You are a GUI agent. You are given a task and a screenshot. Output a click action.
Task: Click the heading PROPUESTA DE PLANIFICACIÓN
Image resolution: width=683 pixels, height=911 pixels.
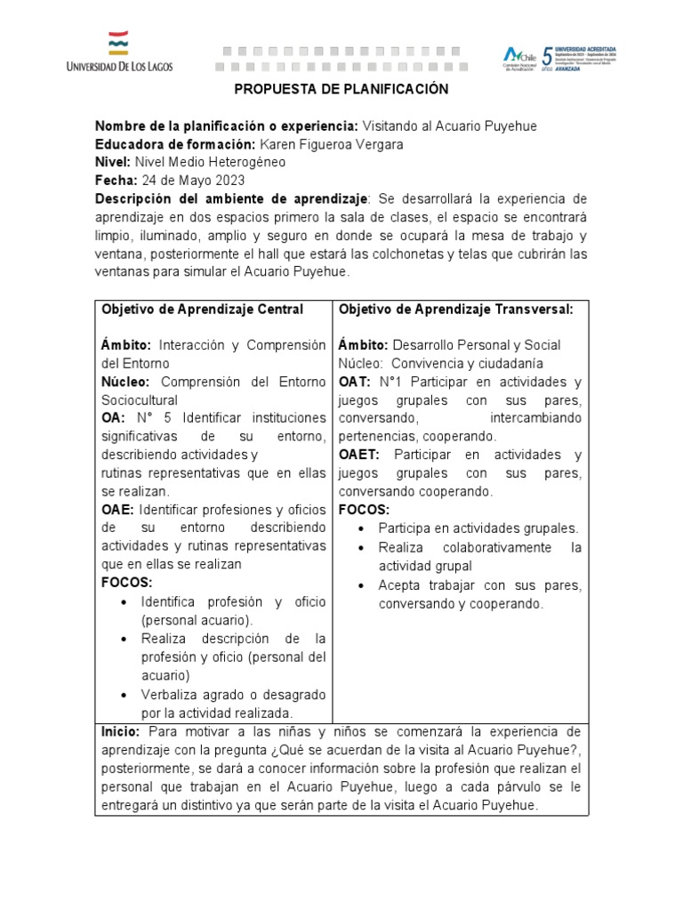pyautogui.click(x=341, y=90)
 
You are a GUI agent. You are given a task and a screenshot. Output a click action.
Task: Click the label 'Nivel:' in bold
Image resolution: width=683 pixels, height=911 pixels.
pyautogui.click(x=112, y=162)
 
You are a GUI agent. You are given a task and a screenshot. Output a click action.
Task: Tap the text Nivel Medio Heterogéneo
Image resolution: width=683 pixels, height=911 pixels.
pyautogui.click(x=210, y=162)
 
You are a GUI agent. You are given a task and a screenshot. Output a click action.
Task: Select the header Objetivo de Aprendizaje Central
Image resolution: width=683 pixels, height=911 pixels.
pyautogui.click(x=203, y=309)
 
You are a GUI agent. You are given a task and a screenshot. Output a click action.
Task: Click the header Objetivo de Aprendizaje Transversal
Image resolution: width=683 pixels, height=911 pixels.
pyautogui.click(x=455, y=309)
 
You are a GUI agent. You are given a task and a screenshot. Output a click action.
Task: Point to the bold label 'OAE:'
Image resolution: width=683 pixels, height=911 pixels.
pyautogui.click(x=117, y=510)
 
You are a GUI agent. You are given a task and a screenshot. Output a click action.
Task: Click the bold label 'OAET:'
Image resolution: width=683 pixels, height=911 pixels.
pyautogui.click(x=359, y=455)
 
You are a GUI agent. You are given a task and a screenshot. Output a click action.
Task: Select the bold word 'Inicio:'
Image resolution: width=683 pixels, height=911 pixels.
pyautogui.click(x=121, y=731)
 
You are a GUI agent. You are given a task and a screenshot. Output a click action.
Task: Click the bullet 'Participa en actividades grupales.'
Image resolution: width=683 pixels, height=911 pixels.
pyautogui.click(x=478, y=528)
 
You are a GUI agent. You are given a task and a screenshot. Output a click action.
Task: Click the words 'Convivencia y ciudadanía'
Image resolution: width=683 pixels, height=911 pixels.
pyautogui.click(x=468, y=363)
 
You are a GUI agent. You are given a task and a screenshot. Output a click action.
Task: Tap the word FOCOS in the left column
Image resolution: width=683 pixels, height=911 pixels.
pyautogui.click(x=127, y=583)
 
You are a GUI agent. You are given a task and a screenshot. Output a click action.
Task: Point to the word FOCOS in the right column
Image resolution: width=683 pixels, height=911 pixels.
pyautogui.click(x=364, y=510)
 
